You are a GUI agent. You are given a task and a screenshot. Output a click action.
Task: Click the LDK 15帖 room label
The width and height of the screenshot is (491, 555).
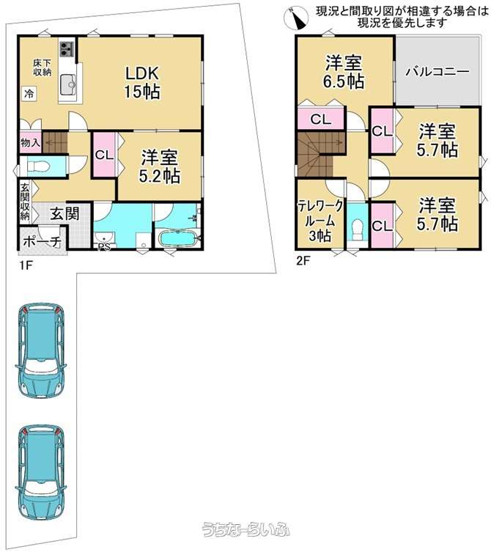pyautogui.click(x=142, y=82)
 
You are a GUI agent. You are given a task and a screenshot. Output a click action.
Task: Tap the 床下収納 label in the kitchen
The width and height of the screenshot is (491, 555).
pyautogui.click(x=43, y=67)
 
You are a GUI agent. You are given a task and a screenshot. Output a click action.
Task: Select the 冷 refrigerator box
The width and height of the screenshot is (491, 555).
pyautogui.click(x=29, y=94)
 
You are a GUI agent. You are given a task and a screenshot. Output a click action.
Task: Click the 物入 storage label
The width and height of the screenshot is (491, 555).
pyautogui.click(x=31, y=143)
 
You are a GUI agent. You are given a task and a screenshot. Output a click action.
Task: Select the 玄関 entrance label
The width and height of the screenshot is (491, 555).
pyautogui.click(x=64, y=213)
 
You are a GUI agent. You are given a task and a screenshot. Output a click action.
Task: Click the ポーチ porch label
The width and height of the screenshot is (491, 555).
pyautogui.click(x=43, y=242)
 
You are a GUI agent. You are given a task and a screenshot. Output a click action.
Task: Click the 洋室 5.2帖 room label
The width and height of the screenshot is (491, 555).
pyautogui.click(x=160, y=166)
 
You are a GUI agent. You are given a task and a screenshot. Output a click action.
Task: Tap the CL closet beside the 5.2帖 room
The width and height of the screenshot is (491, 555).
pyautogui.click(x=105, y=154)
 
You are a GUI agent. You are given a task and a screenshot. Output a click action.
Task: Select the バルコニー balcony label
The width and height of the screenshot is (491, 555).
pyautogui.click(x=438, y=71)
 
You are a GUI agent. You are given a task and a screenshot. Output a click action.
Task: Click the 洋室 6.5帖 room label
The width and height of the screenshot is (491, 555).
pyautogui.click(x=344, y=72)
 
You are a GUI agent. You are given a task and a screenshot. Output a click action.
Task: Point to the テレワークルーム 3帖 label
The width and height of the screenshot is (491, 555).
pyautogui.click(x=320, y=221)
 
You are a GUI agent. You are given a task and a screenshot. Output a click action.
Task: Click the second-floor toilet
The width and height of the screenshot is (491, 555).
pyautogui.click(x=358, y=231)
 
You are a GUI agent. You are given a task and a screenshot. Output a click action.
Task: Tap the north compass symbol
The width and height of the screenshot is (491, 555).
pyautogui.click(x=297, y=18)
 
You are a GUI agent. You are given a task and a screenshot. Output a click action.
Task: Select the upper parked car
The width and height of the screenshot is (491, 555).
pyautogui.click(x=41, y=350)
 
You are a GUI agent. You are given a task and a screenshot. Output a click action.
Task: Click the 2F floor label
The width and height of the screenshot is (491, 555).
pyautogui.click(x=303, y=261)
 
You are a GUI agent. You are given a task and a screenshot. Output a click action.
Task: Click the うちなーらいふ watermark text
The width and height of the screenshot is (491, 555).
pyautogui.click(x=245, y=530)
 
